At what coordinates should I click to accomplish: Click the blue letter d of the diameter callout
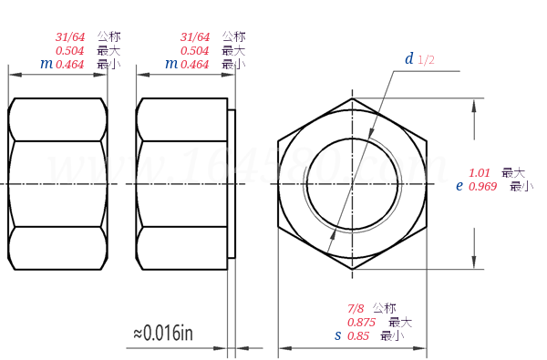coord(410,59)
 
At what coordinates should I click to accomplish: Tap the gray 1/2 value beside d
coord(427,60)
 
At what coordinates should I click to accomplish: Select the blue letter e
coord(459,185)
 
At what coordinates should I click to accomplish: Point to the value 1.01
coord(480,172)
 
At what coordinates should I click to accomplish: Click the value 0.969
coord(483,186)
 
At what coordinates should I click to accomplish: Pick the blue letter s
coord(337,336)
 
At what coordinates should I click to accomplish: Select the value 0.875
coord(364,323)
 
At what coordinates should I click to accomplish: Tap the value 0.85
coord(358,336)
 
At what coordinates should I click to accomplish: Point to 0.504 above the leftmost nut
coord(70,51)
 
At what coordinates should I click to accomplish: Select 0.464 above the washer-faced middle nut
coord(194,65)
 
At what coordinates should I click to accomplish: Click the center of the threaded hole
coord(351,184)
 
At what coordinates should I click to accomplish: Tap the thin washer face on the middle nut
coord(232,184)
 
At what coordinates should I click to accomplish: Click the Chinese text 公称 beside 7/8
coord(384,308)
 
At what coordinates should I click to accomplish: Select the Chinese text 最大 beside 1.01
coord(513,172)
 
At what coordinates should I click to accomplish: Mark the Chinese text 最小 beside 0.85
coord(392,336)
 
